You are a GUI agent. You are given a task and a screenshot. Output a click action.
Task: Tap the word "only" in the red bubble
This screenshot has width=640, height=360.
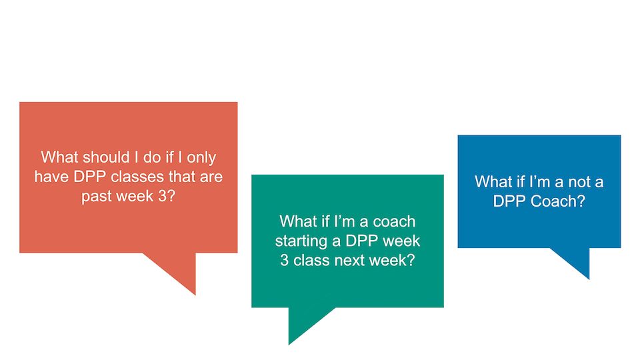tap(201, 158)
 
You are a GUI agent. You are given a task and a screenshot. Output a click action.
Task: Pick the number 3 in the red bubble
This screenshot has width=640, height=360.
tap(162, 196)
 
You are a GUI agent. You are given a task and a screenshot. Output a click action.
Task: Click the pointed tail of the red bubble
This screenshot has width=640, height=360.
tap(195, 294)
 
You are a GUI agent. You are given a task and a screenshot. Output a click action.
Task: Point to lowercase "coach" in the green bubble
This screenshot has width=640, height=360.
tap(394, 221)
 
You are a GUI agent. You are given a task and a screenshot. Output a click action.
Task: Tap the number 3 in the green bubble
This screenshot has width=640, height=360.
tap(284, 261)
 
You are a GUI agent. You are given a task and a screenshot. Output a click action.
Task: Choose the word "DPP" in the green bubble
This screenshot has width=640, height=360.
tap(361, 241)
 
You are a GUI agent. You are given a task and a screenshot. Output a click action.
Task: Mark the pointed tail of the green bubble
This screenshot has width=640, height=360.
tap(289, 344)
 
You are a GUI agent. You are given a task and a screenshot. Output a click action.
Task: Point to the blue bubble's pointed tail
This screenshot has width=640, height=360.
tap(589, 279)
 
